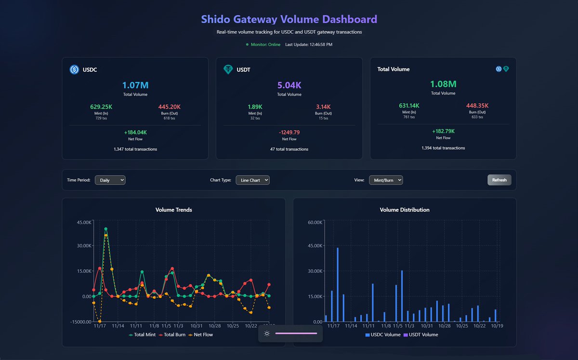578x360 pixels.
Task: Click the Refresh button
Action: [x=499, y=180]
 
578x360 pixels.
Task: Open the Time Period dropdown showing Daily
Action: [x=110, y=180]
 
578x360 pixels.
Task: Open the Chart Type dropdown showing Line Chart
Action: [x=252, y=180]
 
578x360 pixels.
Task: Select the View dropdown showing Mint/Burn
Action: [x=385, y=180]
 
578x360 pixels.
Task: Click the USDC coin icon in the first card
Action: [x=74, y=69]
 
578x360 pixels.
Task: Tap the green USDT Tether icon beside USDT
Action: [x=228, y=69]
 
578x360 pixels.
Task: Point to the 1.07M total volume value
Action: [x=135, y=85]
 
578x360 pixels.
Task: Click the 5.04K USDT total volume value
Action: [x=289, y=85]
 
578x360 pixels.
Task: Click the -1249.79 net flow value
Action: [x=289, y=132]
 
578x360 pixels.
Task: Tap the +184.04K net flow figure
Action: [x=135, y=132]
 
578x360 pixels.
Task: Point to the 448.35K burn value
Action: [x=478, y=106]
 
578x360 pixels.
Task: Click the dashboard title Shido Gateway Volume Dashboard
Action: [x=289, y=19]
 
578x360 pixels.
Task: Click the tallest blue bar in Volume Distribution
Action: [x=337, y=284]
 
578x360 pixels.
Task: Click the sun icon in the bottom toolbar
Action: [x=267, y=333]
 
